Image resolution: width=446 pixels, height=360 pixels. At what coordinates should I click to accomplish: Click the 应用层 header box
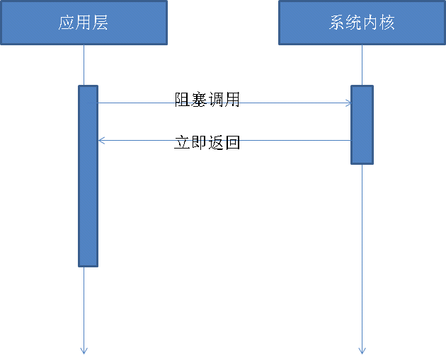tap(84, 23)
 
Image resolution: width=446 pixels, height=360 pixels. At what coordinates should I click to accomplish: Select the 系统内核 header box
tap(362, 23)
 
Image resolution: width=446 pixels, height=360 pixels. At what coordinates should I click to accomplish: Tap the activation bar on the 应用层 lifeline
tap(88, 176)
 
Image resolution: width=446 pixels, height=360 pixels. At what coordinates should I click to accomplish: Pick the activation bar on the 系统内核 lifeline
tap(362, 124)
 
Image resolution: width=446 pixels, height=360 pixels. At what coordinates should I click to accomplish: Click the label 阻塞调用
tap(207, 100)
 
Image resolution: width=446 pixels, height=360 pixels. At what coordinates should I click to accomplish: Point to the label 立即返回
tap(207, 142)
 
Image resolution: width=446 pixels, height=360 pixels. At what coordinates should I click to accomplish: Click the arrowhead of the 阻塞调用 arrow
tap(348, 103)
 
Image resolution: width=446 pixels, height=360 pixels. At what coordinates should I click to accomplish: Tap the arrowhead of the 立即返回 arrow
tap(101, 141)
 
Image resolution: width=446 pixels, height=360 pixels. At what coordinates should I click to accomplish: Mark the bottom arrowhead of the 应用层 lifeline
tap(84, 349)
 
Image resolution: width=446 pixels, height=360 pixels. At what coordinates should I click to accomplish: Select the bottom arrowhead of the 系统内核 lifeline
tap(362, 349)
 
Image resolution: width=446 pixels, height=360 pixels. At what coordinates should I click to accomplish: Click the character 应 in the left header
tap(67, 23)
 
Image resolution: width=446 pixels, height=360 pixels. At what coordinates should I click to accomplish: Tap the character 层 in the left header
tap(101, 23)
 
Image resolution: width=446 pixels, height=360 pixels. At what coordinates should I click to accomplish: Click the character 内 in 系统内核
tap(370, 23)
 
